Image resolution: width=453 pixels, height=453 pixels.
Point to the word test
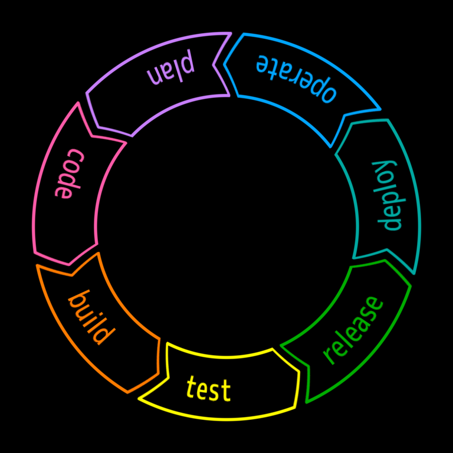[x=208, y=389]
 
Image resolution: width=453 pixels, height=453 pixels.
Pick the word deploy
[x=389, y=195]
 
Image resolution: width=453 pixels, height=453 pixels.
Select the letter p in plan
[x=187, y=63]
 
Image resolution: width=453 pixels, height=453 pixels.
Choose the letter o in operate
[x=328, y=94]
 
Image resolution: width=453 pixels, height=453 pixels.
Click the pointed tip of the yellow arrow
[x=139, y=401]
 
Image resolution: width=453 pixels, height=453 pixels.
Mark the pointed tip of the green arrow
[x=281, y=345]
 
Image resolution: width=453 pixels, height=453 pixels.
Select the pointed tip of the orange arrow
[x=37, y=265]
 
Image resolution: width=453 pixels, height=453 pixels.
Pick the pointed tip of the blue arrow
[x=380, y=109]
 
